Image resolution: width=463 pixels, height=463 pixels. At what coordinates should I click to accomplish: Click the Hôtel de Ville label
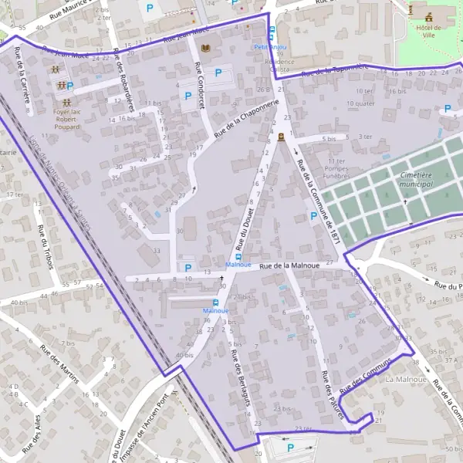pyautogui.click(x=422, y=32)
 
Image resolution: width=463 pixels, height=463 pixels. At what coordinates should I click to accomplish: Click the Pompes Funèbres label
pyautogui.click(x=336, y=171)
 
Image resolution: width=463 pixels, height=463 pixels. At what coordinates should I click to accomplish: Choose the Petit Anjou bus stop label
pyautogui.click(x=270, y=46)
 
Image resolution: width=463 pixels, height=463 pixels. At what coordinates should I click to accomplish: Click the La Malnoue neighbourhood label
pyautogui.click(x=406, y=380)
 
